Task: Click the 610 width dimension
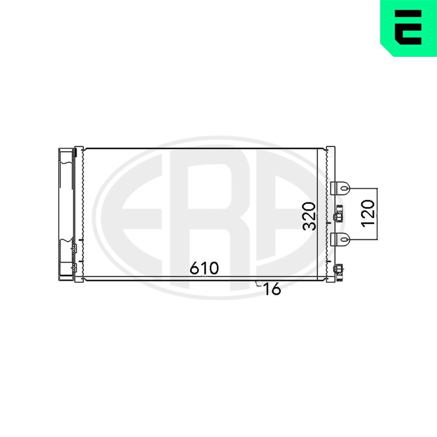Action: pos(204,268)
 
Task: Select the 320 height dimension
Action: pos(310,215)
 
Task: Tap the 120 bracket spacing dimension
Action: pos(368,213)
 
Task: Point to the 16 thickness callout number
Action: pos(272,289)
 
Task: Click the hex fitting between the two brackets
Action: pos(339,216)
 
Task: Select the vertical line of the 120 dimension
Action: pos(377,214)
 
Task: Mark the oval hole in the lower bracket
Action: pos(345,239)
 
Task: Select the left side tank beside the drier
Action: pos(79,214)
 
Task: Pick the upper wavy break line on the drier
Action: pos(66,162)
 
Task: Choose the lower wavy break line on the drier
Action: pos(66,240)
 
